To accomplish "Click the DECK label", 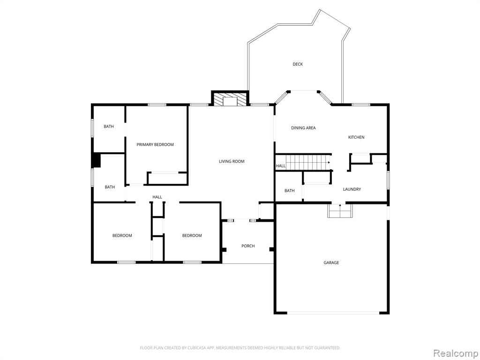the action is tap(298, 64).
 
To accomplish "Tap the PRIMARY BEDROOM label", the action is tap(155, 144).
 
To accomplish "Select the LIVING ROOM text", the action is tap(232, 161).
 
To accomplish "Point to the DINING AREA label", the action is tap(303, 127).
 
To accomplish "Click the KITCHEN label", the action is tap(356, 137).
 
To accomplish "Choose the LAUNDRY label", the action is tap(352, 189).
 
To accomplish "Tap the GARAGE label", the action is tap(331, 262).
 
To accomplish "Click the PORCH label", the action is tap(248, 246).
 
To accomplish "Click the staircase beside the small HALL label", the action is tap(308, 162).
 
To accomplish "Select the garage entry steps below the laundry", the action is tap(340, 211).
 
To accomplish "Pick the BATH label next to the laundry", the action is tap(289, 191).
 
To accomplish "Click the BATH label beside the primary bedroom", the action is tap(108, 127).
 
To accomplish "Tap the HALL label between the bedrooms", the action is tap(157, 197).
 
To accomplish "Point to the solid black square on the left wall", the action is tap(96, 161).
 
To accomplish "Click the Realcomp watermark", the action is tap(455, 353).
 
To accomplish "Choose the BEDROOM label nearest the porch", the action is tap(192, 235).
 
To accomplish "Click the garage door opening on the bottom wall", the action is tap(333, 313).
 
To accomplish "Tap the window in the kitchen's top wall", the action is tap(360, 105).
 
